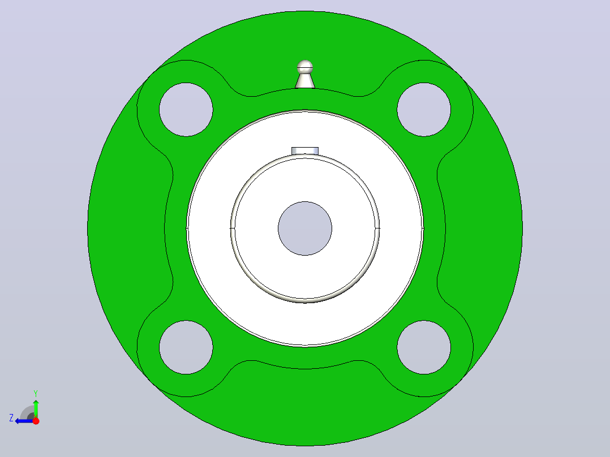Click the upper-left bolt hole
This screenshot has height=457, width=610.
(x=186, y=110)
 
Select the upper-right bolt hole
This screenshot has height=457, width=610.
(x=424, y=110)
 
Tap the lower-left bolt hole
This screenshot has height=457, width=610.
(x=186, y=347)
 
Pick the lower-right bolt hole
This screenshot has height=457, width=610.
(x=424, y=347)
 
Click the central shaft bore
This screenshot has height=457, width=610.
(x=305, y=228)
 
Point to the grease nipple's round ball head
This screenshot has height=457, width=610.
(x=305, y=67)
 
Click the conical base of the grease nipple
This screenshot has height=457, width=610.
(x=305, y=81)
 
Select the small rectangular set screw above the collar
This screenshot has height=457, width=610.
(x=305, y=151)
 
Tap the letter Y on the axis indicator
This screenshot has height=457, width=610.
(x=36, y=393)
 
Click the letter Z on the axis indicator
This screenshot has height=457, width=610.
(x=11, y=418)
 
